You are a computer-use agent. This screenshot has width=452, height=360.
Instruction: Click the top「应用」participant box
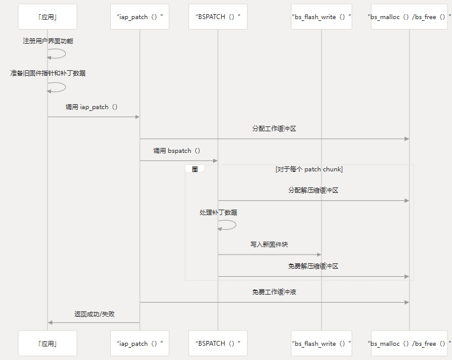pyautogui.click(x=47, y=17)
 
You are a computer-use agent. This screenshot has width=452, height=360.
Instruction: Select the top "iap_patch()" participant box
pyautogui.click(x=140, y=17)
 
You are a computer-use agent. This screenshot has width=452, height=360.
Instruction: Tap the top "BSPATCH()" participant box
pyautogui.click(x=217, y=17)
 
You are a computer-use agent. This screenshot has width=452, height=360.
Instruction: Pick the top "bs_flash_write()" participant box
pyautogui.click(x=321, y=17)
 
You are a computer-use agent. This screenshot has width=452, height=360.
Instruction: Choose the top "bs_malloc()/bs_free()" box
pyautogui.click(x=410, y=17)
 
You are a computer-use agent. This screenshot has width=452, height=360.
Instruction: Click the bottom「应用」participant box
pyautogui.click(x=47, y=343)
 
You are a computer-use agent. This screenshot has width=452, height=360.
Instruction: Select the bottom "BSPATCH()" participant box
pyautogui.click(x=217, y=343)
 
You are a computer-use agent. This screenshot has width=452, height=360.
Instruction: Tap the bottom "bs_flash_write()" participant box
pyautogui.click(x=321, y=343)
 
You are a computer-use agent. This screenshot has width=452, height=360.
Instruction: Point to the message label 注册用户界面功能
pyautogui.click(x=48, y=41)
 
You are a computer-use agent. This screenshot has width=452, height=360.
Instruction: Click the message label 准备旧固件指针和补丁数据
pyautogui.click(x=48, y=73)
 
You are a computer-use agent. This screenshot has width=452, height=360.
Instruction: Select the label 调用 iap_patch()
pyautogui.click(x=92, y=107)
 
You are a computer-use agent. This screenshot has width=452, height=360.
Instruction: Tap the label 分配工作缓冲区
pyautogui.click(x=274, y=129)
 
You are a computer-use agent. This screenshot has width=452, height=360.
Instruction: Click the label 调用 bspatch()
pyautogui.click(x=177, y=150)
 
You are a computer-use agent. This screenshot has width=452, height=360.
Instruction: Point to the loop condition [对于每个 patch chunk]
pyautogui.click(x=309, y=169)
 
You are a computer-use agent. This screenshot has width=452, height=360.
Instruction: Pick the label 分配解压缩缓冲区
pyautogui.click(x=313, y=190)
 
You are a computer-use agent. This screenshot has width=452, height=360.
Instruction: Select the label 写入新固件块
pyautogui.click(x=269, y=245)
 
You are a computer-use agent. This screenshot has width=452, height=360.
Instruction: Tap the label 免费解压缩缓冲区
pyautogui.click(x=313, y=266)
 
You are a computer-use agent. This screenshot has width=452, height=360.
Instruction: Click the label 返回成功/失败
pyautogui.click(x=94, y=314)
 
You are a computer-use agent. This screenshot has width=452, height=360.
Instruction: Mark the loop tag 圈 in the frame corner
pyautogui.click(x=195, y=169)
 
